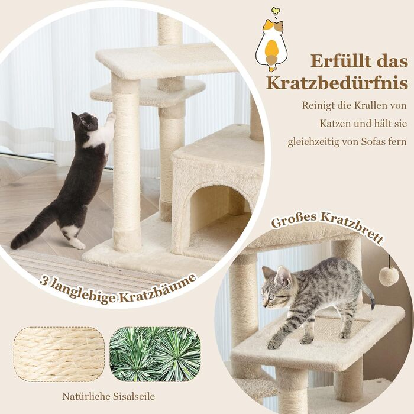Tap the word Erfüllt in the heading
click(x=342, y=61)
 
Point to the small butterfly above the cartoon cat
click(x=276, y=11)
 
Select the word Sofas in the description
click(x=371, y=142)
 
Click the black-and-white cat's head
click(x=85, y=121)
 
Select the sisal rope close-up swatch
click(x=59, y=354)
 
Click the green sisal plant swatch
click(x=155, y=354)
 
